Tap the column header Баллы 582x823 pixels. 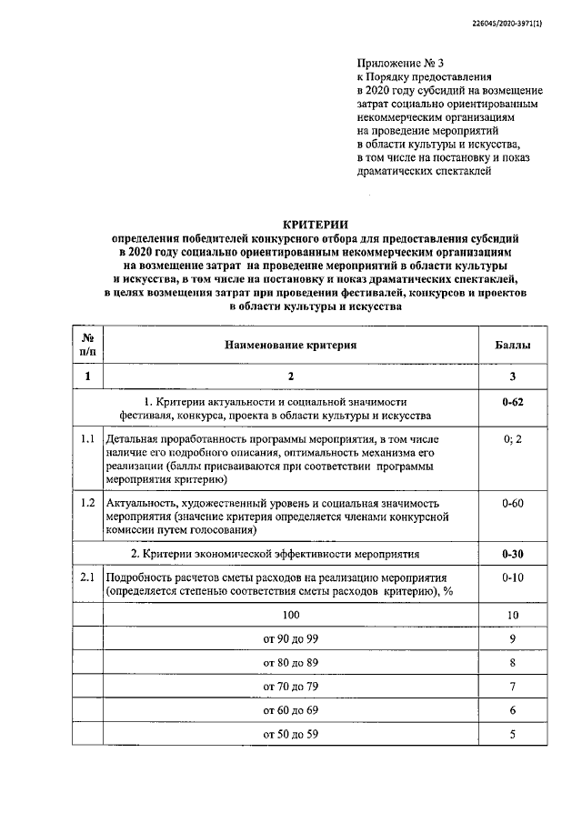(x=513, y=346)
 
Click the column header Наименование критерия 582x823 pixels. (x=291, y=346)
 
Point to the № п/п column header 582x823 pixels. (x=88, y=346)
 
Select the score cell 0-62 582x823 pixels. (x=513, y=401)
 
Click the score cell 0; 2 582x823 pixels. (x=513, y=439)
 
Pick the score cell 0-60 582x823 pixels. (x=513, y=502)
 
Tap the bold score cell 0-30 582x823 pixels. (x=513, y=553)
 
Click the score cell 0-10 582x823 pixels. (x=513, y=577)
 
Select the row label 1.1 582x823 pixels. (x=88, y=439)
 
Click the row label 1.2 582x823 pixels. (x=88, y=502)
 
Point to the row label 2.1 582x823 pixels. (x=88, y=577)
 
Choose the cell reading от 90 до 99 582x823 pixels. (x=291, y=639)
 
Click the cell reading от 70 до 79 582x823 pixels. (x=291, y=687)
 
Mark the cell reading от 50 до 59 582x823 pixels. (x=291, y=734)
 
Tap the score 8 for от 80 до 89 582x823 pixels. (x=513, y=663)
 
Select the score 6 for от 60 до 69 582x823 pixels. (x=513, y=710)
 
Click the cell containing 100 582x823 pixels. (x=291, y=616)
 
